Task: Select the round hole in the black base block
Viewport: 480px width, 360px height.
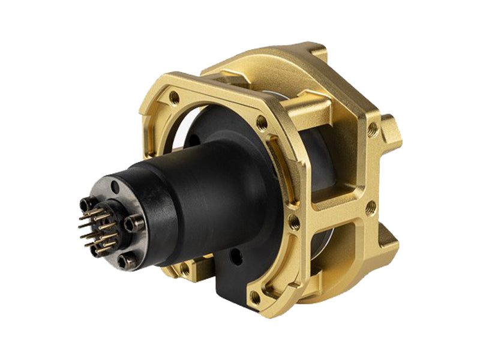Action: [236, 260]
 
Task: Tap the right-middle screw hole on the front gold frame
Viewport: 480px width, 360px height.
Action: [294, 223]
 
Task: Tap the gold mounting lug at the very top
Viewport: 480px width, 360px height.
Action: [312, 51]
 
